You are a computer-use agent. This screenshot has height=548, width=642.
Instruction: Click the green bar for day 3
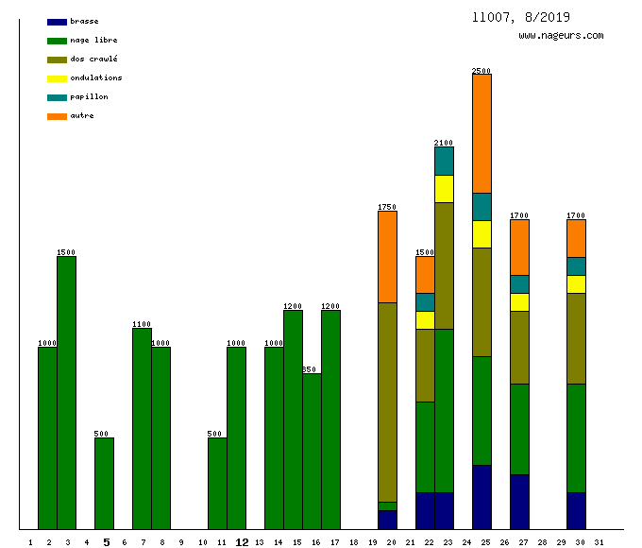tap(66, 392)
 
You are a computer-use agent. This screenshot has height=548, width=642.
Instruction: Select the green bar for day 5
tap(104, 483)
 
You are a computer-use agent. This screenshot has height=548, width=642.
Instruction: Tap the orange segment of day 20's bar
tap(387, 256)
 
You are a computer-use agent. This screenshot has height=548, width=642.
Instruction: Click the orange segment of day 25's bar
tap(481, 133)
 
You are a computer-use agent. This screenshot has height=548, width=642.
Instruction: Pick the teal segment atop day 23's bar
tap(444, 161)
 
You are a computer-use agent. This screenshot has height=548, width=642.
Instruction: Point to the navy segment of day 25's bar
tap(481, 497)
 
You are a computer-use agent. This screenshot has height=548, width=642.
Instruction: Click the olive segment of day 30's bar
tap(576, 338)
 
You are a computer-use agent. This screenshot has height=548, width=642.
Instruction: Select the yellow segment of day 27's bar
tap(519, 302)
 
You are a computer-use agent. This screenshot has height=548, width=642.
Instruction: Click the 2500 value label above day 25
tap(481, 71)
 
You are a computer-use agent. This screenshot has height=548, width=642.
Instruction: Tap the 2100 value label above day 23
tap(444, 143)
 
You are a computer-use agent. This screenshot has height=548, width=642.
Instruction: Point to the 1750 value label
tap(387, 207)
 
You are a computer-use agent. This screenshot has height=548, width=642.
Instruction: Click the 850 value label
tap(310, 369)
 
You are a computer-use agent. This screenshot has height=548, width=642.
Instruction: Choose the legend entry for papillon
tap(89, 97)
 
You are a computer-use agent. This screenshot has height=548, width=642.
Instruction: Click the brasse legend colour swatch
tap(57, 22)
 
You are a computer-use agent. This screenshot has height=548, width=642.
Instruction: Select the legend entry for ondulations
tap(95, 78)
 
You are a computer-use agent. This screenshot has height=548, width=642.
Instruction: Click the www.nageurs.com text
tap(561, 36)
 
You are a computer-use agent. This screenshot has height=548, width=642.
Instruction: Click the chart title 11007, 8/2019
tap(521, 17)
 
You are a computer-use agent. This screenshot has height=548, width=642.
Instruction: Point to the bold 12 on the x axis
tap(242, 542)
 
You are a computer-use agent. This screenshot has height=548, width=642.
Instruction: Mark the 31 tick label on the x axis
tap(599, 542)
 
